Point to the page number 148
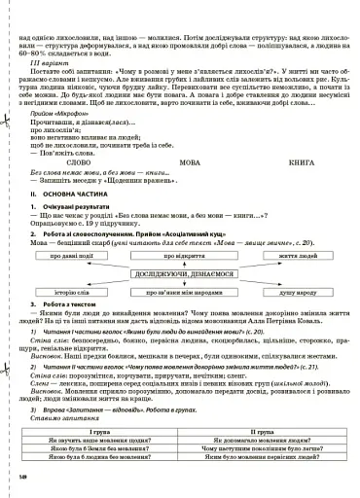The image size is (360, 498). click(x=22, y=476)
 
